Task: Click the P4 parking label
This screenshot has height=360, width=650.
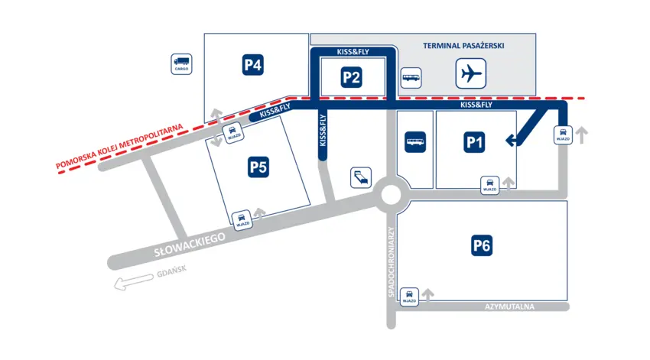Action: point(253,66)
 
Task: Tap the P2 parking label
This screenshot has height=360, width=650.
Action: point(351,76)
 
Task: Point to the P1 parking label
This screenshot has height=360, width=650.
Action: point(476,142)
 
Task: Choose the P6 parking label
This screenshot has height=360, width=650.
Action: point(481,245)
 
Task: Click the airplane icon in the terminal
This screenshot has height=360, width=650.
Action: point(472,74)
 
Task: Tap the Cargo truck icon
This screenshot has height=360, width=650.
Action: point(181,63)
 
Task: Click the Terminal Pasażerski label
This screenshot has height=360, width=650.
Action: point(463,46)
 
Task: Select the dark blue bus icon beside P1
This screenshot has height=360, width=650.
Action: point(415,142)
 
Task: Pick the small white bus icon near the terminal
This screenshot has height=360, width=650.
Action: point(411,77)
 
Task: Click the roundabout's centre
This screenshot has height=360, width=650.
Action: point(390,195)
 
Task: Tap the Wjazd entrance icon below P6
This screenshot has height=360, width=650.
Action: point(410,295)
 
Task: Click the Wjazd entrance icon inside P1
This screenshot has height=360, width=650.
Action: point(488,184)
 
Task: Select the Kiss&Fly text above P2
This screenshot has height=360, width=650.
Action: point(353,52)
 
